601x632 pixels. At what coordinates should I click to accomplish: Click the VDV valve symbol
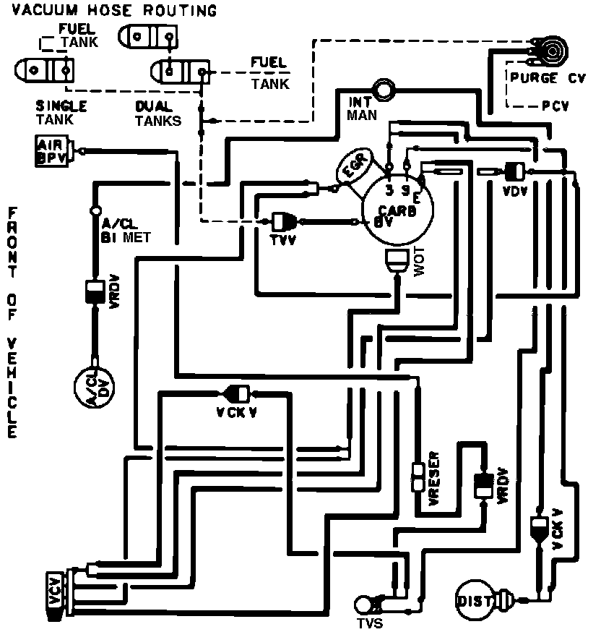(x=514, y=171)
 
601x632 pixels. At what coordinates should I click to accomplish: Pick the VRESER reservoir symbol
(x=417, y=478)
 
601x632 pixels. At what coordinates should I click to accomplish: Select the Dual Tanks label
(x=158, y=114)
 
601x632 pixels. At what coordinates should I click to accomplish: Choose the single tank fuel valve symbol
(x=44, y=69)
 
